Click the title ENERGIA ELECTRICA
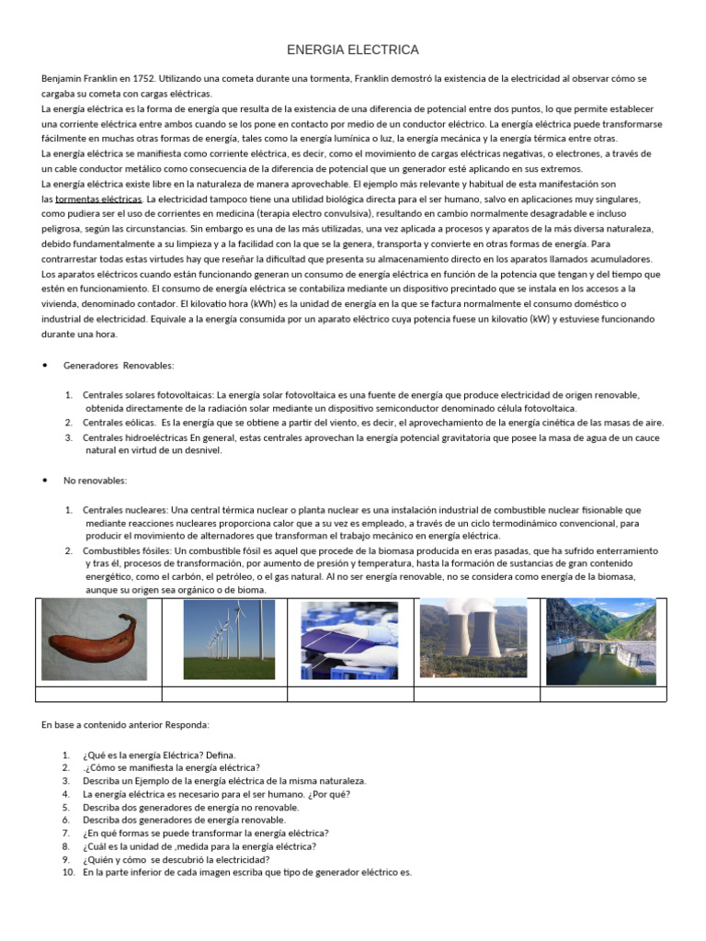[x=353, y=50]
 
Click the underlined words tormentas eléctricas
[x=98, y=199]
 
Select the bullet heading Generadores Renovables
[x=119, y=366]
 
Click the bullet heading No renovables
[x=96, y=481]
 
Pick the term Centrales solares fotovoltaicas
[x=148, y=395]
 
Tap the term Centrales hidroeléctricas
[x=135, y=437]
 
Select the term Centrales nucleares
[x=125, y=509]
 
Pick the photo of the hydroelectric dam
[x=601, y=641]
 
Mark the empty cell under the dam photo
[x=603, y=694]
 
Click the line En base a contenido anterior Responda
[x=125, y=725]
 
